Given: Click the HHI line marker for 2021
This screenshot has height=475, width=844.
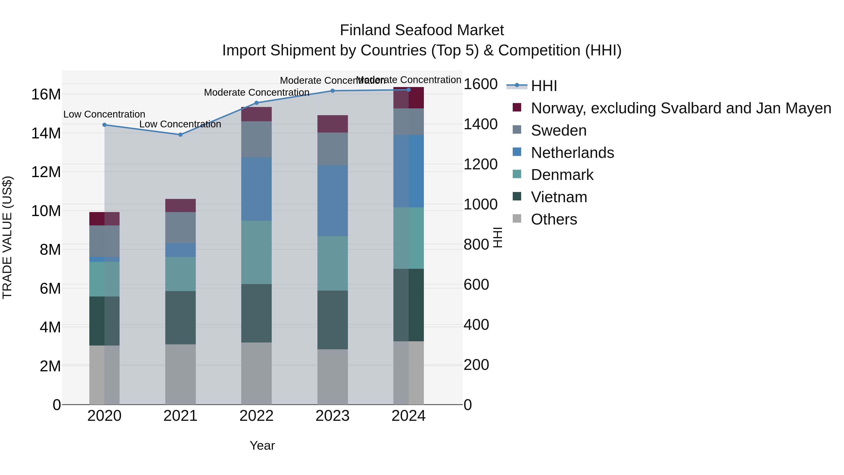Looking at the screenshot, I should click(180, 135).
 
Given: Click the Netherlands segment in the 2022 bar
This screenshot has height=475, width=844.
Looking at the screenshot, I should click(256, 189).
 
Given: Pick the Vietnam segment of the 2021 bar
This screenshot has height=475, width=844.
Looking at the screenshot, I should click(181, 317).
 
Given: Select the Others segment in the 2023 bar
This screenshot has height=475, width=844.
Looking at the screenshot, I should click(332, 377).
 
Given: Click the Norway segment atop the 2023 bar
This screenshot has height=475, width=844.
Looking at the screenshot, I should click(332, 124).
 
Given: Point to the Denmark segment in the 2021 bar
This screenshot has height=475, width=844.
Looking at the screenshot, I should click(181, 274).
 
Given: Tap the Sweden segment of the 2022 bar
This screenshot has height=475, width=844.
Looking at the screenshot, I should click(256, 139).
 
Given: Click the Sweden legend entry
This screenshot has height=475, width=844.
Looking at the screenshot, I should click(559, 130).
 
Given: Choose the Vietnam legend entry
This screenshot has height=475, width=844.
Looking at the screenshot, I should click(559, 197).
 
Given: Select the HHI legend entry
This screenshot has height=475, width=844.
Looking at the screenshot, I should click(544, 86).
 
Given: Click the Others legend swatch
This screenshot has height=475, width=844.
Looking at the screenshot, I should click(517, 218).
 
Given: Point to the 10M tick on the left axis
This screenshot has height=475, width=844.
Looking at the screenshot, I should click(46, 211).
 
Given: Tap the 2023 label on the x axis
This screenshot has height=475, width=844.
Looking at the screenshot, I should click(332, 416).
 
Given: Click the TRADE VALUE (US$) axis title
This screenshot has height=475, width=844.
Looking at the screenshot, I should click(7, 237).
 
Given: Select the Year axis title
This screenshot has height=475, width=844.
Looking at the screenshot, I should click(262, 445).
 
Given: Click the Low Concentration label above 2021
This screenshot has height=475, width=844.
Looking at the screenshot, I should click(180, 124).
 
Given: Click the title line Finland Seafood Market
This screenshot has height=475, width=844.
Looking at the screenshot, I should click(422, 30).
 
